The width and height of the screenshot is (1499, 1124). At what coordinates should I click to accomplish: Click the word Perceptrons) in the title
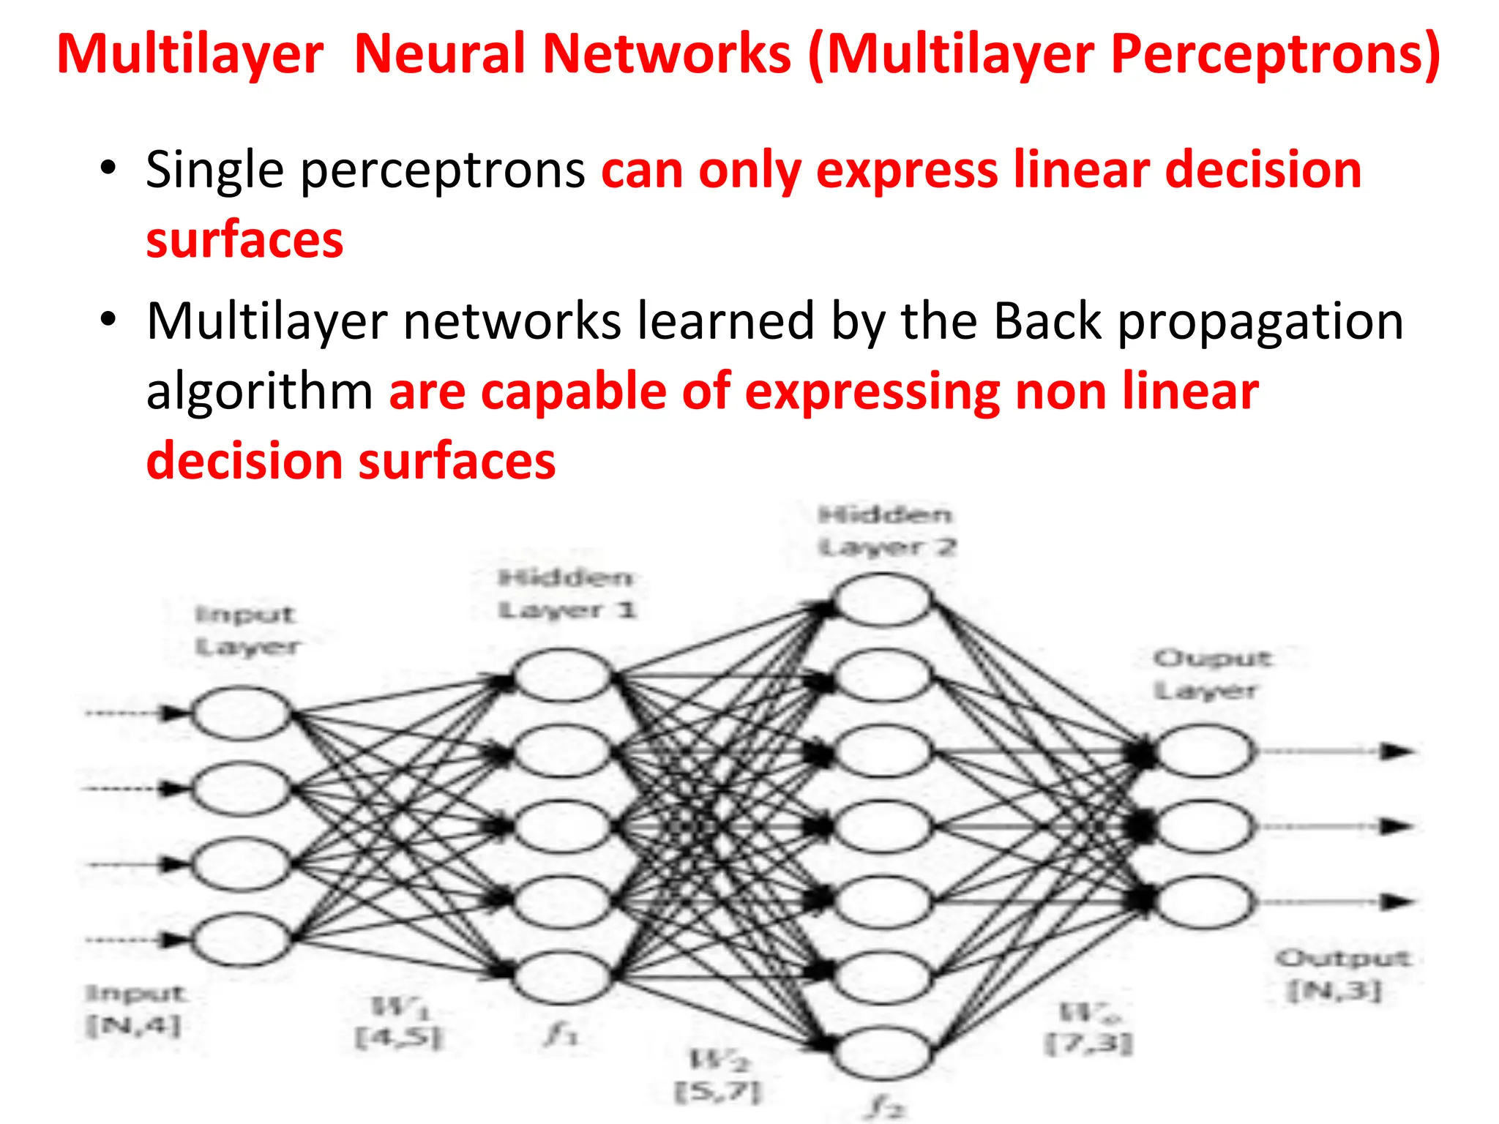(1275, 55)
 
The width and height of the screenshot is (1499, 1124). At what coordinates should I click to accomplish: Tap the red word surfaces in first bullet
(244, 240)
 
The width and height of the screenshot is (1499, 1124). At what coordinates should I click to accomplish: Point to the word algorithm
(260, 392)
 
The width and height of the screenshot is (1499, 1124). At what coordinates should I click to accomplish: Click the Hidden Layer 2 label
(886, 531)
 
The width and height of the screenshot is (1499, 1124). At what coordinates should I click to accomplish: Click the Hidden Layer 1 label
(567, 594)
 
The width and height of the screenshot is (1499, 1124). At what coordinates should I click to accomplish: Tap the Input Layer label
(247, 631)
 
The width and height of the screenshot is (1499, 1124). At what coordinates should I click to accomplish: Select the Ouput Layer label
(1211, 674)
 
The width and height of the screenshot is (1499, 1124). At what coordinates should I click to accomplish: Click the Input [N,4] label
(135, 1010)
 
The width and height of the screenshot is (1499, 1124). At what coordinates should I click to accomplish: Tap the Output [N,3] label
(1340, 975)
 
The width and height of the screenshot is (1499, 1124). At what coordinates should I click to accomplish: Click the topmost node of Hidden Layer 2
(883, 600)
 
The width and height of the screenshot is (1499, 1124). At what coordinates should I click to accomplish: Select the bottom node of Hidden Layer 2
(883, 1052)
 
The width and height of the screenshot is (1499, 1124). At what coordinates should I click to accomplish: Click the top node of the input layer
(242, 712)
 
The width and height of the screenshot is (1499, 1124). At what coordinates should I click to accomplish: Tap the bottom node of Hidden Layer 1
(562, 976)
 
